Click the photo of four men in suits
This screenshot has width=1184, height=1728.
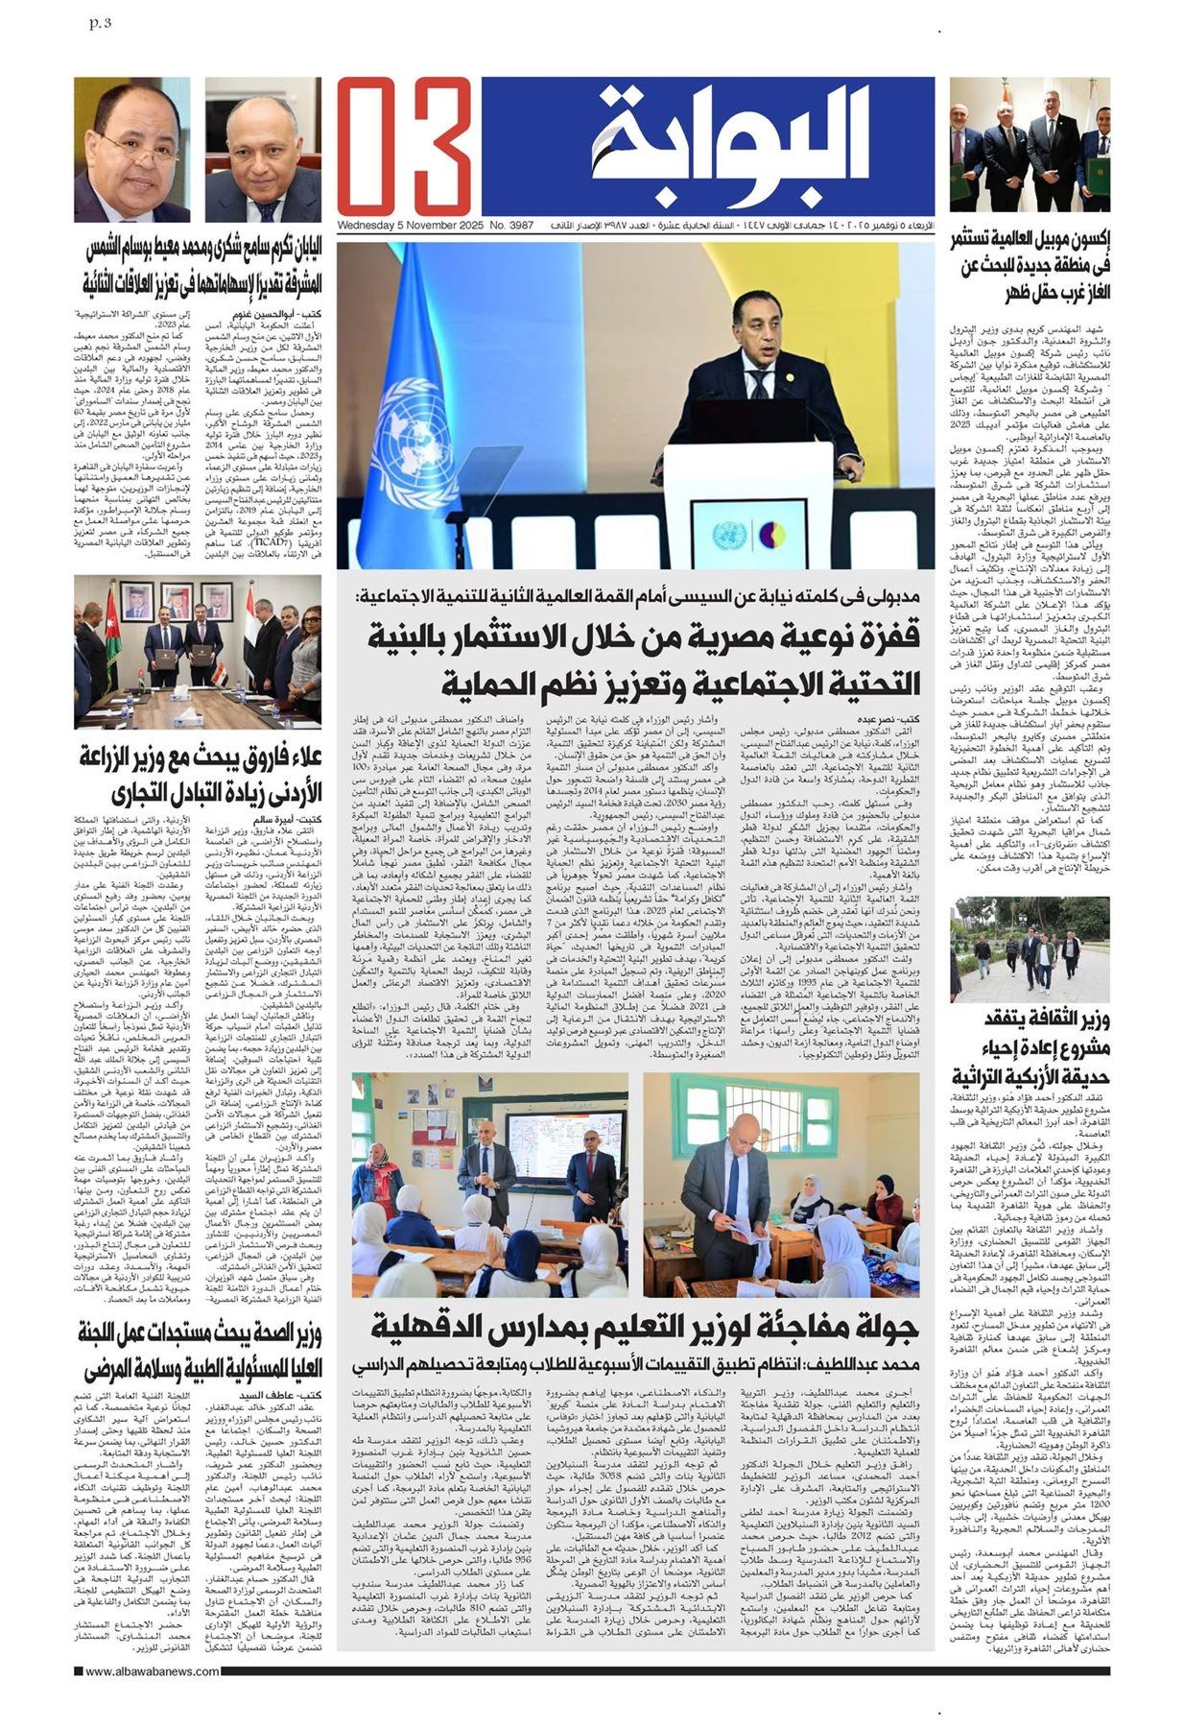(x=1030, y=144)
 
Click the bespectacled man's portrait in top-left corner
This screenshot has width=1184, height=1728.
(x=131, y=150)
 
